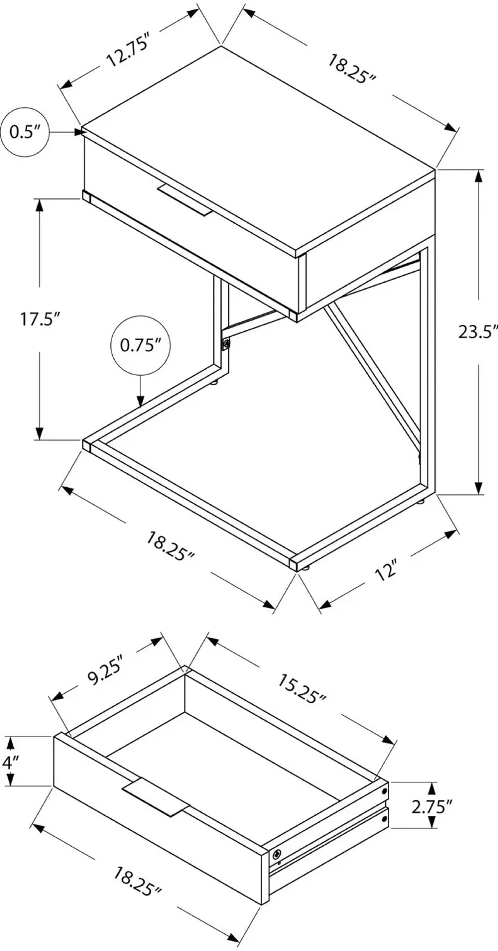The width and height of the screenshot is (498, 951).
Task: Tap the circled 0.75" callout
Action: tap(141, 345)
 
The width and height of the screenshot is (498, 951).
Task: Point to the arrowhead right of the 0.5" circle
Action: tap(78, 132)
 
